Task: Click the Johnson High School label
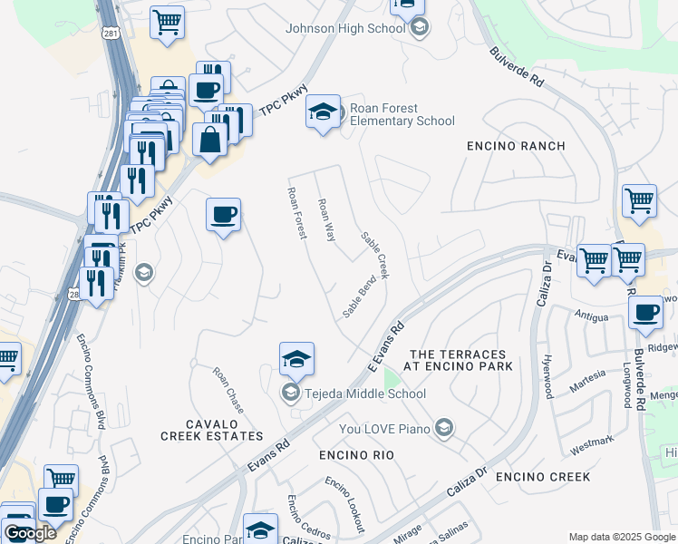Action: coord(345,28)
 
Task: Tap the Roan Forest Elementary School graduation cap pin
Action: coord(324,112)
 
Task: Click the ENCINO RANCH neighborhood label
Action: coord(516,146)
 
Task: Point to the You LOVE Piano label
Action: coord(384,428)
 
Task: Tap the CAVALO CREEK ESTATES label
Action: coord(212,430)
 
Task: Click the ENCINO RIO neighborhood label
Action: coord(356,455)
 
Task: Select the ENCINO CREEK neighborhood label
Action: coord(543,477)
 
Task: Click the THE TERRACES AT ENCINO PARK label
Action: coord(461,360)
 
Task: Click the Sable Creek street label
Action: coord(374,255)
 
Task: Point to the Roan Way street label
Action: coord(326,220)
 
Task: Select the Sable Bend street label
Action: coord(359,297)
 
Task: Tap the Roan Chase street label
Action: coord(228,390)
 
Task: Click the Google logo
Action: coord(30,533)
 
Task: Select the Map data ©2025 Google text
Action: coord(621,537)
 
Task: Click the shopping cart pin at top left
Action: coord(168,24)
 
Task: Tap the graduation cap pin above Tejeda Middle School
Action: coord(296,360)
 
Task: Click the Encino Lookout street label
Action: coord(345,504)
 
